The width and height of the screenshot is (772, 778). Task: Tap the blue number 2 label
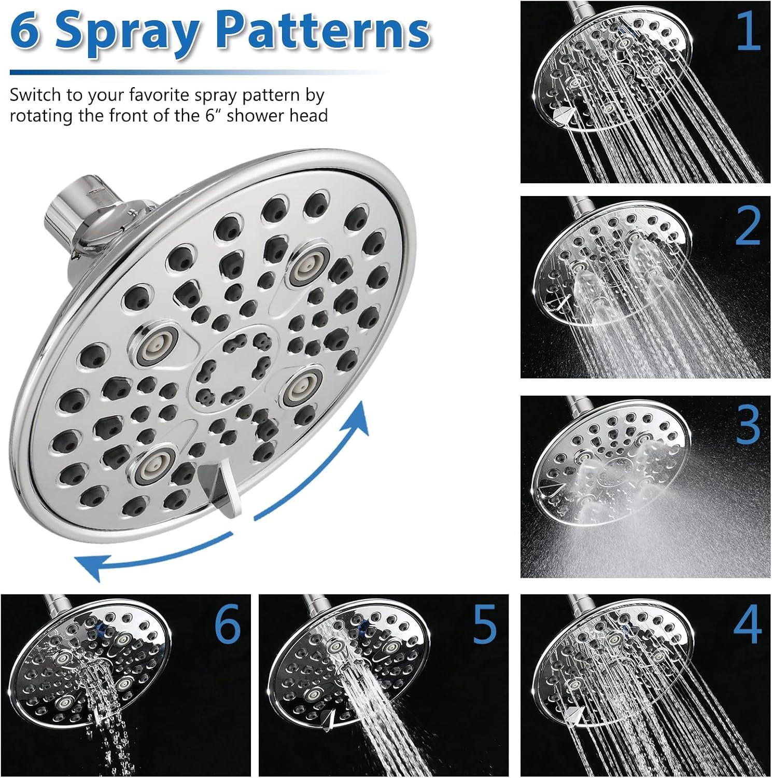tap(748, 227)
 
